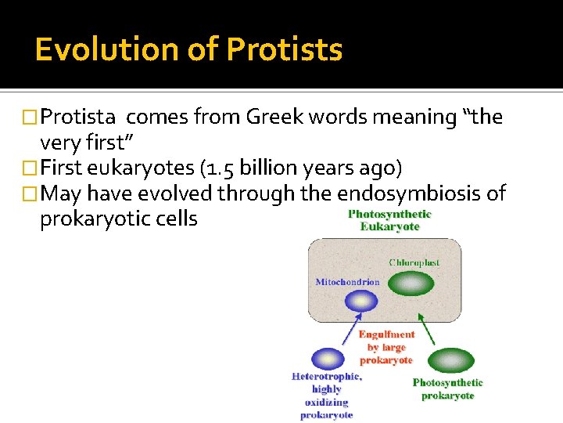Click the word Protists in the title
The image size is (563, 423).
click(x=285, y=49)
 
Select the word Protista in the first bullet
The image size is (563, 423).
click(x=78, y=117)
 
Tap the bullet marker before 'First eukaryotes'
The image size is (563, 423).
click(x=30, y=168)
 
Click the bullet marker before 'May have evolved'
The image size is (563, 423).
click(x=30, y=193)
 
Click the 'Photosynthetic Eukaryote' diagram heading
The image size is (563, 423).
click(x=389, y=220)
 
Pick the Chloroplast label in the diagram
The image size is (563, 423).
click(x=414, y=262)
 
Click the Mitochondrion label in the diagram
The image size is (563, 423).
click(x=347, y=282)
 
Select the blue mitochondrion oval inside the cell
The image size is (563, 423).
click(x=360, y=301)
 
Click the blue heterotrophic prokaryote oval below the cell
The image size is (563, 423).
click(x=327, y=359)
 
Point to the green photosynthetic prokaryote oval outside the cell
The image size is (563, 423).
click(x=450, y=360)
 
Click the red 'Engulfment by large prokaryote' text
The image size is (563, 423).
click(x=386, y=347)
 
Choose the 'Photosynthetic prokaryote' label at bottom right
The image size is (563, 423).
click(x=447, y=389)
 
